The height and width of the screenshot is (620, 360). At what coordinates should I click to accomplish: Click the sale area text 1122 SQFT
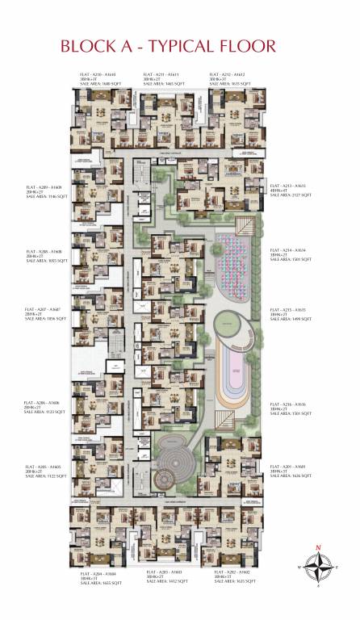(46, 476)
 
